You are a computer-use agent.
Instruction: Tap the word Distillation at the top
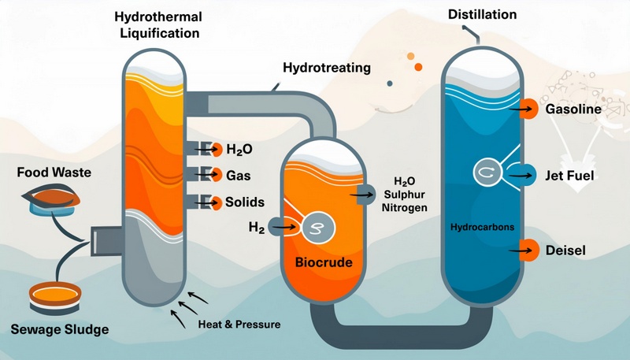(x=482, y=14)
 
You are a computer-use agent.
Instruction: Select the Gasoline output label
(x=573, y=109)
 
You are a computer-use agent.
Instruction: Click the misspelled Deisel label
(x=567, y=251)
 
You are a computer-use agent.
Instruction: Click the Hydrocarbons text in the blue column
(x=482, y=228)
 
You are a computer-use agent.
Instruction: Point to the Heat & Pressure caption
(x=239, y=324)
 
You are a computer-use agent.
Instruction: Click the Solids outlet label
(x=244, y=202)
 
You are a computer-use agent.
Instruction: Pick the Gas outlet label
(x=238, y=175)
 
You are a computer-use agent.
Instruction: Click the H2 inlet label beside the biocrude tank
(x=256, y=227)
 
